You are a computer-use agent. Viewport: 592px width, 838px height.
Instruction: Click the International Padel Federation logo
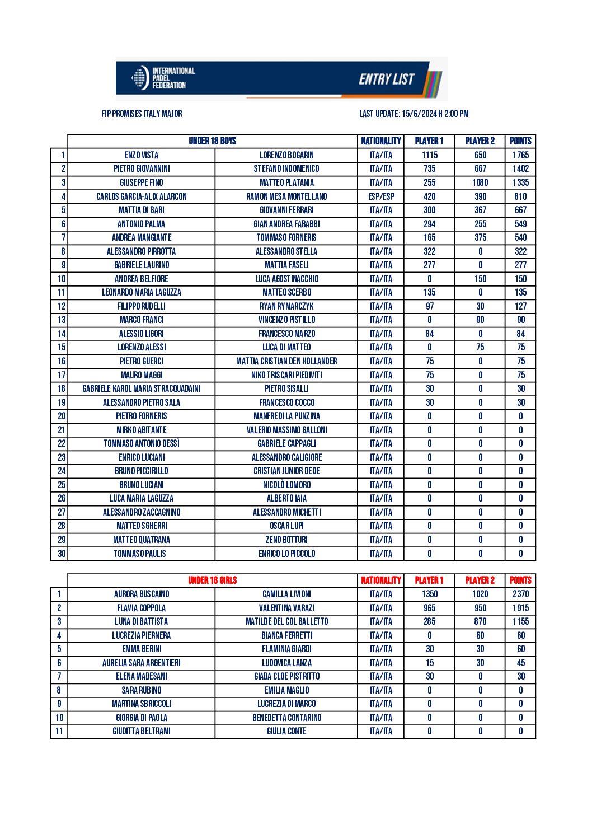tap(162, 78)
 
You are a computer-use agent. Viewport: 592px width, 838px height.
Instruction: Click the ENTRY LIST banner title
tap(387, 79)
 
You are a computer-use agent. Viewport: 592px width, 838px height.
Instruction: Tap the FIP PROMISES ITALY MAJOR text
tap(142, 114)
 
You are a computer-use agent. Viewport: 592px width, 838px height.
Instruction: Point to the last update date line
tap(414, 114)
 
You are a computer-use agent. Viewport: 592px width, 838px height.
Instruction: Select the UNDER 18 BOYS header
tap(213, 141)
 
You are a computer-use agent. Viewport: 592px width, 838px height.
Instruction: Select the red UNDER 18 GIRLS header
tap(213, 580)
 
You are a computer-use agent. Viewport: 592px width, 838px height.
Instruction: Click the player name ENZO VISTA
tap(142, 155)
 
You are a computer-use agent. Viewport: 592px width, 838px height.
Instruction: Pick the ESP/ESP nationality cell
tap(381, 196)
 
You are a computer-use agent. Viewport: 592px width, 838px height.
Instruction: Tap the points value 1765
tap(520, 155)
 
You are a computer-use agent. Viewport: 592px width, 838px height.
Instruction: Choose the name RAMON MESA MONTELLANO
tap(286, 196)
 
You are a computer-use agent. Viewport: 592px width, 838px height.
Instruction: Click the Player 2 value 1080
tap(480, 182)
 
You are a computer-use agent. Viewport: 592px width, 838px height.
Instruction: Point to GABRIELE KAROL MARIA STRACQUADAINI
tap(142, 388)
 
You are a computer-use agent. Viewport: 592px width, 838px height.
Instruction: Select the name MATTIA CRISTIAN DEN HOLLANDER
tap(286, 361)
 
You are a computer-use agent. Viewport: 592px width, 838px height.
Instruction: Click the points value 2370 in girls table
tap(520, 594)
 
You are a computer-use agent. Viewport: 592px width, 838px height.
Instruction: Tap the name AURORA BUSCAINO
tap(142, 594)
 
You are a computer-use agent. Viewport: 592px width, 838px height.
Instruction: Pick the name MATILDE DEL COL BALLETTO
tap(286, 621)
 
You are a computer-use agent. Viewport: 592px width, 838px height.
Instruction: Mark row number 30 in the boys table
tap(62, 554)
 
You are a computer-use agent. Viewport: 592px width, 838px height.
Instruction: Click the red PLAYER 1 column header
tap(429, 580)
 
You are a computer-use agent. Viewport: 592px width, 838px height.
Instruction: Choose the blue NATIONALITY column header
tap(381, 141)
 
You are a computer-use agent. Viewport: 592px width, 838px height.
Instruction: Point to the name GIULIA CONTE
tap(286, 731)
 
